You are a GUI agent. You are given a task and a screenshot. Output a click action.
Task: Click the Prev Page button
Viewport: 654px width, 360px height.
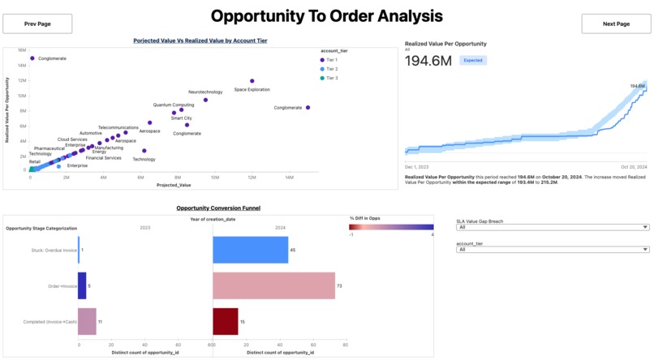click(x=37, y=24)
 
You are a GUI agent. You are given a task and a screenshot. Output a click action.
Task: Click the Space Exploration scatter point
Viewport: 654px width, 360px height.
click(x=252, y=81)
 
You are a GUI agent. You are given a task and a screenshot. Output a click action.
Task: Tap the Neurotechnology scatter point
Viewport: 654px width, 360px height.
click(x=205, y=100)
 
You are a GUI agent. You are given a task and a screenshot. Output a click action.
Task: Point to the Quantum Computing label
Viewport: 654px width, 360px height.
click(x=174, y=105)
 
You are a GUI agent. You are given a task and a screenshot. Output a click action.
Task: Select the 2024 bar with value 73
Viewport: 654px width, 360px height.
click(x=273, y=285)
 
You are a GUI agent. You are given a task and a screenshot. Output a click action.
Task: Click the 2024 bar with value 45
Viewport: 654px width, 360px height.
click(x=250, y=250)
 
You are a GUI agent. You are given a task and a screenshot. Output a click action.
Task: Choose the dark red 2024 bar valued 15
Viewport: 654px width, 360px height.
click(x=226, y=321)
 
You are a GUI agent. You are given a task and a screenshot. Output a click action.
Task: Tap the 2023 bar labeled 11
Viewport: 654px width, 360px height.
click(x=87, y=321)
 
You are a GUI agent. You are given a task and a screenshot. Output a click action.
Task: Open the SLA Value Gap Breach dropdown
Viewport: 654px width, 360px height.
click(x=553, y=228)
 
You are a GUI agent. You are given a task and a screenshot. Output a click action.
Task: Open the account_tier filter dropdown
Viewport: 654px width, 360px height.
click(x=553, y=250)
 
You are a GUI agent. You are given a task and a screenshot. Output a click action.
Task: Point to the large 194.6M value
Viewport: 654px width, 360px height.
click(x=428, y=61)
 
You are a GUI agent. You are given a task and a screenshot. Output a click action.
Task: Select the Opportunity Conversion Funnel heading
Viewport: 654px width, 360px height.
click(x=218, y=208)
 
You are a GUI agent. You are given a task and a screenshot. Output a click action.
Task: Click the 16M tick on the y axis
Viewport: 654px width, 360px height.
click(x=22, y=50)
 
